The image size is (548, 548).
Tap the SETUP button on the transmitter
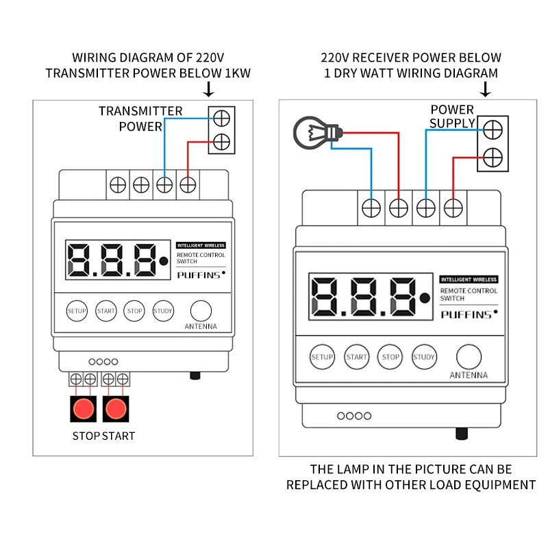tap(77, 311)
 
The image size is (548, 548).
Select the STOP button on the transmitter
tap(134, 311)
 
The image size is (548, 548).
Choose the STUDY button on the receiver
tap(424, 357)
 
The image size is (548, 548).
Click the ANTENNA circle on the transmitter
tap(201, 310)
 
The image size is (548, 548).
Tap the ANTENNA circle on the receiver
tap(469, 357)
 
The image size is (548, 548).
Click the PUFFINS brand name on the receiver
tap(466, 315)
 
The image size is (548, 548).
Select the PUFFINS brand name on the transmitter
tap(199, 275)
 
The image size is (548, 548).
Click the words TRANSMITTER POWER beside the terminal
tap(140, 119)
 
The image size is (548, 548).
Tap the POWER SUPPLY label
tap(452, 116)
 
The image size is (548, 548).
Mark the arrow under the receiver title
tap(486, 89)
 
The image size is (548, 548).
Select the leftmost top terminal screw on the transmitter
tap(117, 184)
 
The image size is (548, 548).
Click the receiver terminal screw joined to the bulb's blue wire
tap(371, 207)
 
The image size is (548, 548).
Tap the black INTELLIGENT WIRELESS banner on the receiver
tap(469, 279)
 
